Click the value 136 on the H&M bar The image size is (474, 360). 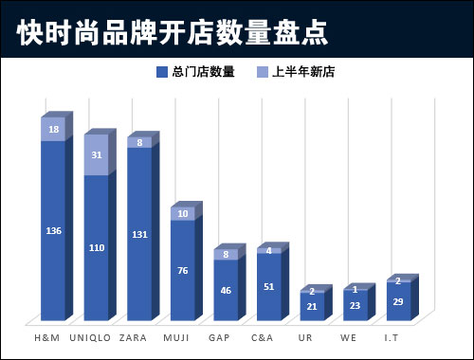click(x=53, y=230)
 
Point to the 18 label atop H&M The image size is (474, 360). click(x=53, y=130)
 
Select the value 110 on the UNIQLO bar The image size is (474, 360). click(x=97, y=247)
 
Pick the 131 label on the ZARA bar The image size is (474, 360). click(x=140, y=234)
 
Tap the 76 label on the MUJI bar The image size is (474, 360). click(x=184, y=271)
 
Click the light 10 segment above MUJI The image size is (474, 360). click(x=184, y=214)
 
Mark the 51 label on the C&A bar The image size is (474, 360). click(x=270, y=287)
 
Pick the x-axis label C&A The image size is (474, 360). click(x=263, y=335)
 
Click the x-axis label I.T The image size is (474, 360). click(x=392, y=335)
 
